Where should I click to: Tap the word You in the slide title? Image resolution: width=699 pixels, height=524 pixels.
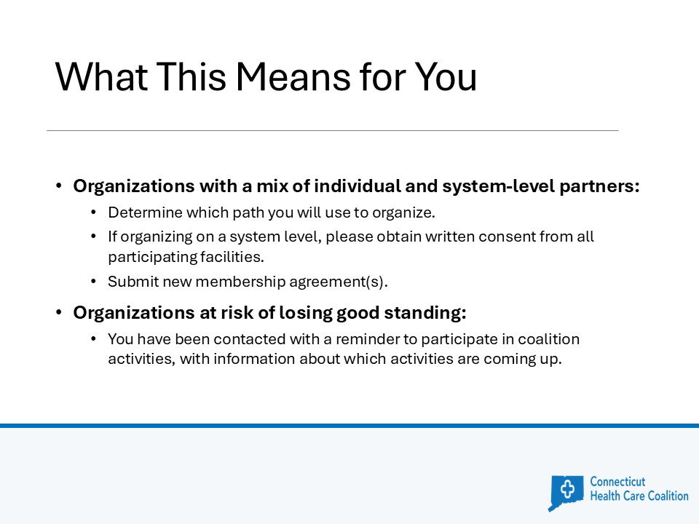pyautogui.click(x=446, y=76)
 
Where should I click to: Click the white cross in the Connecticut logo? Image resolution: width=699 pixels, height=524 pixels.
pyautogui.click(x=567, y=489)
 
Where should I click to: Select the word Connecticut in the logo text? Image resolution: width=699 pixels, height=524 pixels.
pyautogui.click(x=617, y=482)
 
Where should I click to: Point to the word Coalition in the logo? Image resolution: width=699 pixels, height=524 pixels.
pyautogui.click(x=668, y=496)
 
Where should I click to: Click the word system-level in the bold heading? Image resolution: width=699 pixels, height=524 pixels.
pyautogui.click(x=498, y=186)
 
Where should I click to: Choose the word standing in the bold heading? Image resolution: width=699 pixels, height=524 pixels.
pyautogui.click(x=425, y=313)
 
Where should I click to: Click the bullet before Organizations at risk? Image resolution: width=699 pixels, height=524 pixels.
pyautogui.click(x=59, y=313)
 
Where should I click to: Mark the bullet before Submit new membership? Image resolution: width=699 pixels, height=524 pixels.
pyautogui.click(x=94, y=282)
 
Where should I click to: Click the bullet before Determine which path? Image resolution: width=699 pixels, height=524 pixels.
pyautogui.click(x=94, y=213)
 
